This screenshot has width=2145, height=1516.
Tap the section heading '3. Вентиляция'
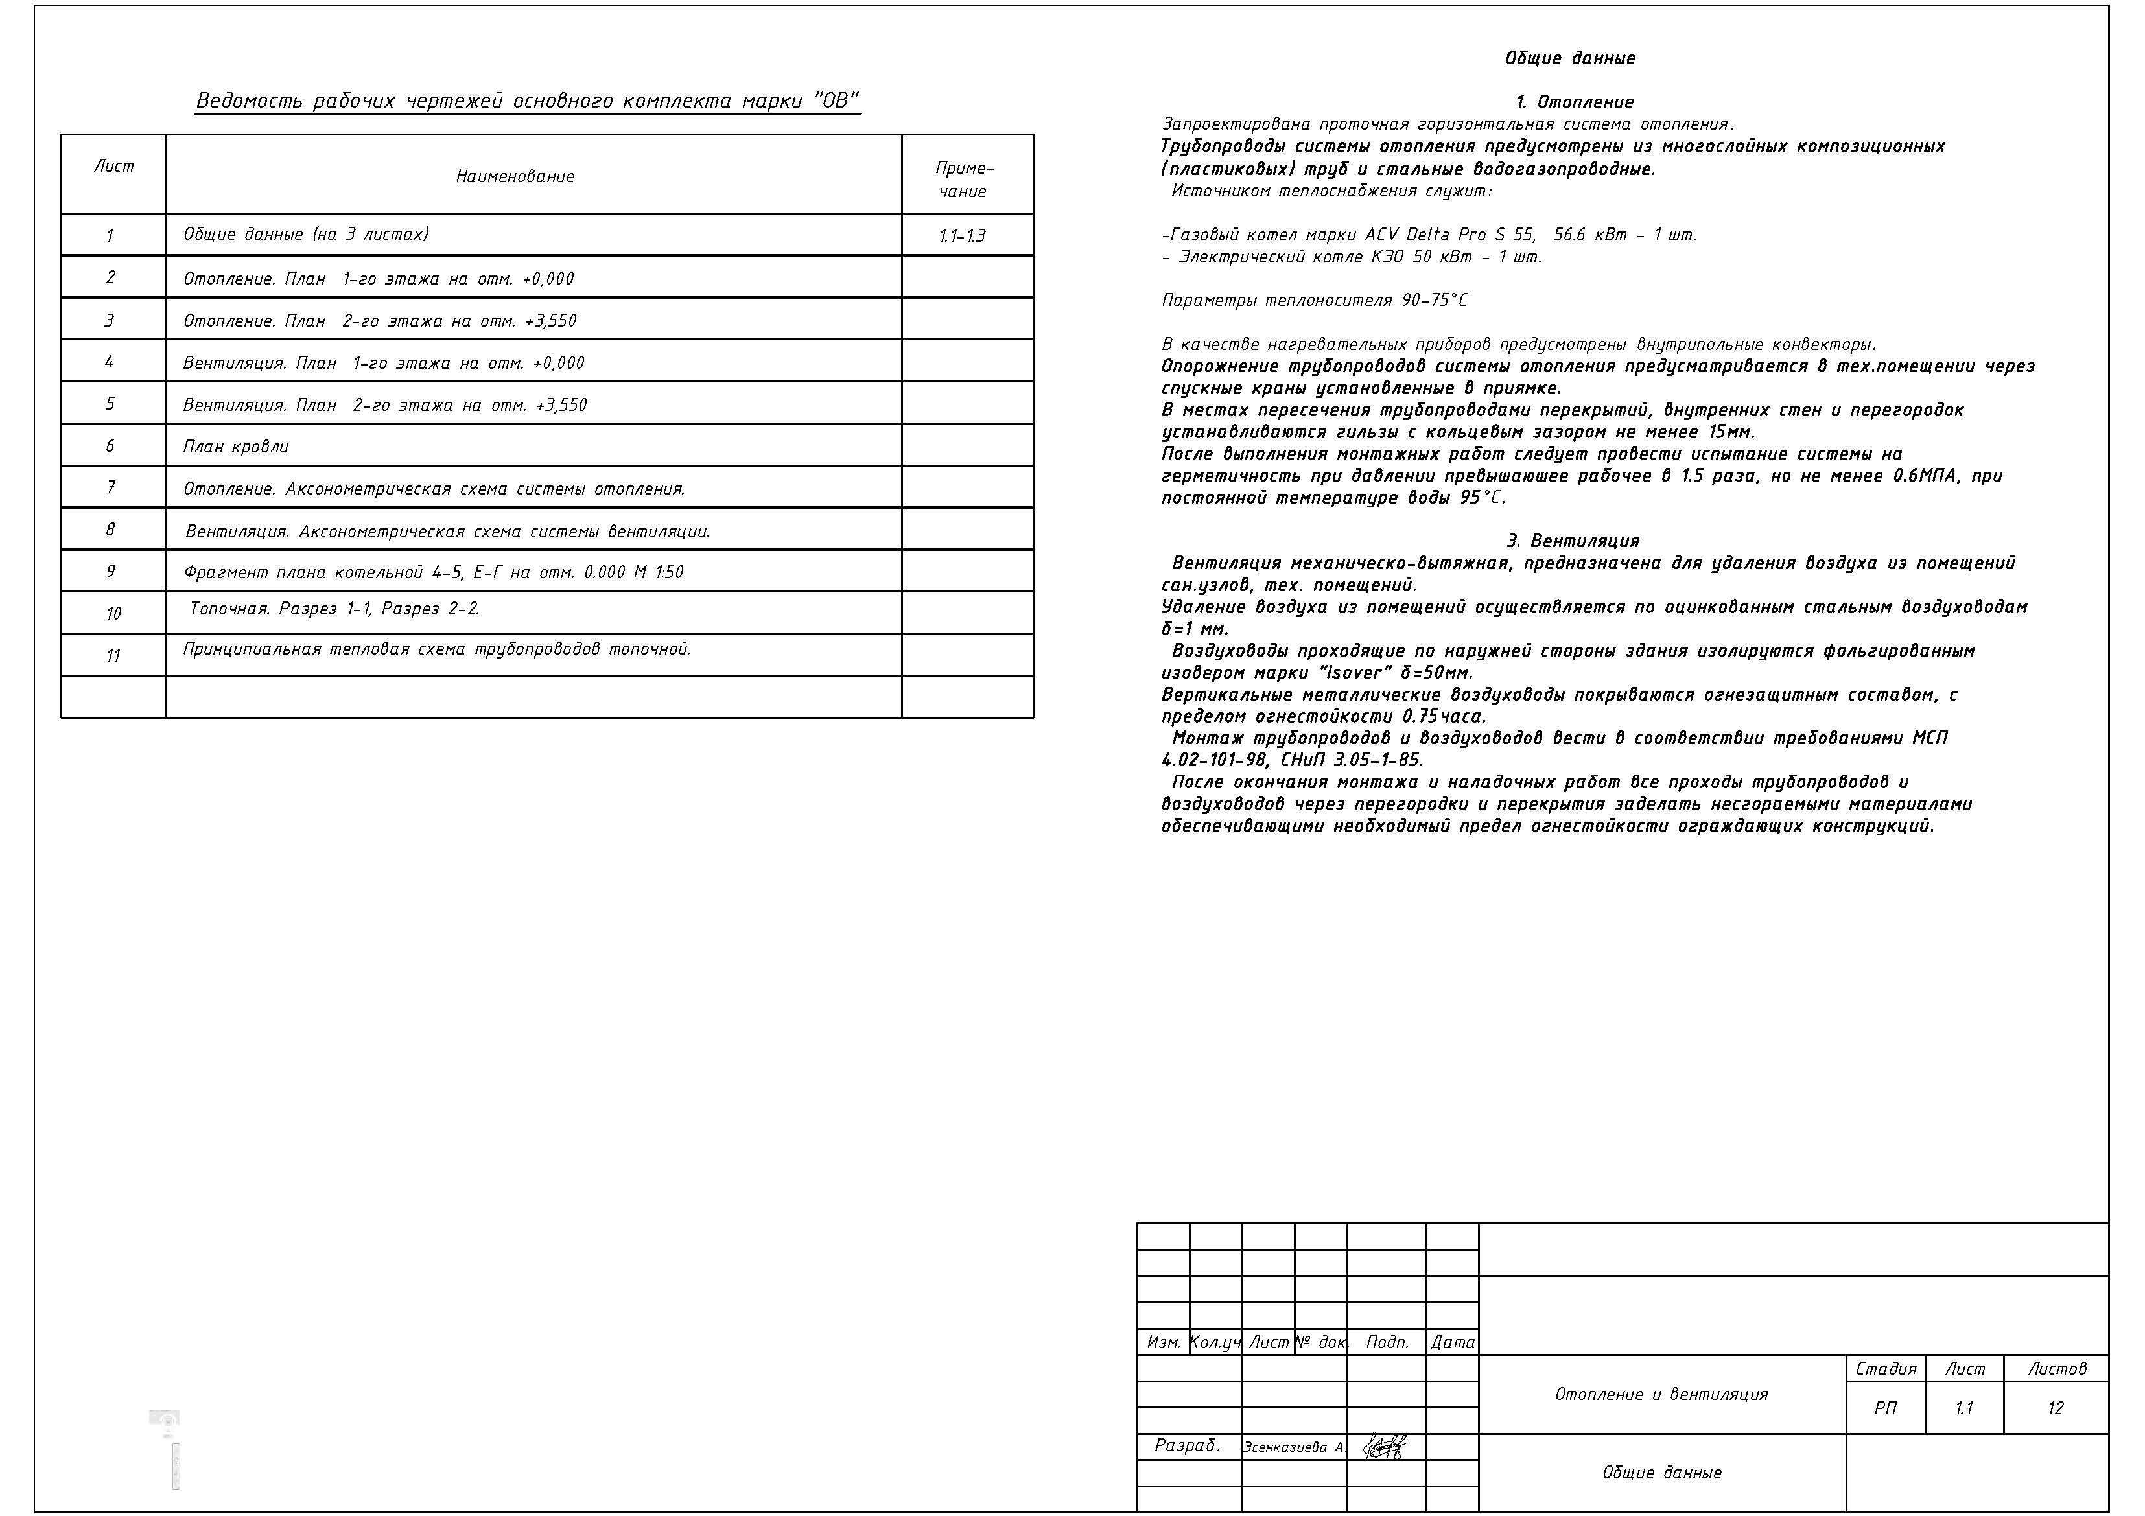click(x=1573, y=541)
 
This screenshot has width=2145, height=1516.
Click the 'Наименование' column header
click(x=515, y=176)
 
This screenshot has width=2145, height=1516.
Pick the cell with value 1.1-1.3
click(x=962, y=235)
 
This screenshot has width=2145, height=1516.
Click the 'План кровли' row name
click(x=237, y=447)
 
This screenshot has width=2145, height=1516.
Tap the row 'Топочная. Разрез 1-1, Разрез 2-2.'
click(x=334, y=609)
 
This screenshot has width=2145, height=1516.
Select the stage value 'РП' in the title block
click(x=1884, y=1408)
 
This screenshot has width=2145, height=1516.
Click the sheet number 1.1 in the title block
click(x=1963, y=1408)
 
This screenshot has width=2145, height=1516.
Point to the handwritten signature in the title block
click(x=1385, y=1446)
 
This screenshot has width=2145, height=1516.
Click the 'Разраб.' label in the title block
click(x=1188, y=1445)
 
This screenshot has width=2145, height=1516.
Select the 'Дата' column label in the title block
click(x=1452, y=1342)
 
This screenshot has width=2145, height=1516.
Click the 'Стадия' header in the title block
click(x=1885, y=1368)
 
